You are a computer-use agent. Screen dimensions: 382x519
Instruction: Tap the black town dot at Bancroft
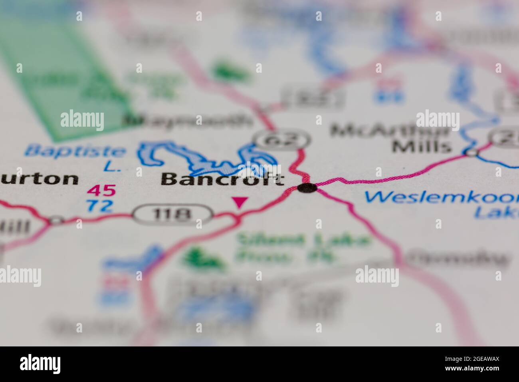pyautogui.click(x=307, y=188)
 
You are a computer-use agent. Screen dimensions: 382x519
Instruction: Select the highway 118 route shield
pyautogui.click(x=172, y=215)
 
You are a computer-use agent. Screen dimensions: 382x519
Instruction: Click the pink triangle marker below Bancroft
pyautogui.click(x=240, y=202)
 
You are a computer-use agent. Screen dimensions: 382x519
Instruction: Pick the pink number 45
pyautogui.click(x=101, y=190)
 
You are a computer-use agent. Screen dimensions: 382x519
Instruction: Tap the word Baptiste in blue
pyautogui.click(x=74, y=151)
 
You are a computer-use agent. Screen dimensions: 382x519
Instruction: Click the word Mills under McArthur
pyautogui.click(x=422, y=147)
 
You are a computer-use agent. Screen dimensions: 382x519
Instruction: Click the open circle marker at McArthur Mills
pyautogui.click(x=472, y=152)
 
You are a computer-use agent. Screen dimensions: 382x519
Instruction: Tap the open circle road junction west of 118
pyautogui.click(x=57, y=220)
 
